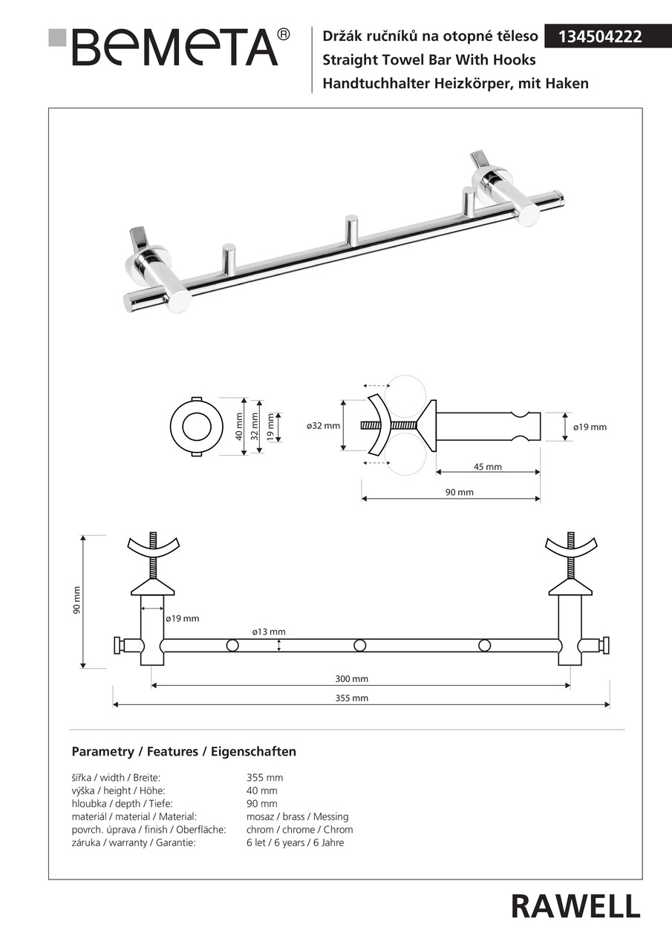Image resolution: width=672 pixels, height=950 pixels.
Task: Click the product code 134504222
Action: tap(599, 37)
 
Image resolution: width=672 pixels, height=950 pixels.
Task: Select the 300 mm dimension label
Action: tap(352, 679)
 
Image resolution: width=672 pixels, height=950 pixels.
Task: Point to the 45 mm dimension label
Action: tap(487, 467)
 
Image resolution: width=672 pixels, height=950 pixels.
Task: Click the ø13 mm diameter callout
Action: tap(269, 632)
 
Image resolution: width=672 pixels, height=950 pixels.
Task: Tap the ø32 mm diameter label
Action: tap(323, 426)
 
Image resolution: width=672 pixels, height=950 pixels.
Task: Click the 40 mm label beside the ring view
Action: tap(239, 427)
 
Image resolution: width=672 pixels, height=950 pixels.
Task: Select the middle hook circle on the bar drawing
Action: tap(359, 646)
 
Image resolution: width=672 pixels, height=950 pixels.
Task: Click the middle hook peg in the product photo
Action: tap(350, 229)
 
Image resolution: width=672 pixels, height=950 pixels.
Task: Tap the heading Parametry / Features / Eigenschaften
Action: tap(183, 752)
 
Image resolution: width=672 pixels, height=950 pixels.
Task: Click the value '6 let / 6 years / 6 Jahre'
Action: tap(296, 842)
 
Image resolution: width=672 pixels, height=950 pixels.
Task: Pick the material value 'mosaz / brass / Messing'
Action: tap(298, 817)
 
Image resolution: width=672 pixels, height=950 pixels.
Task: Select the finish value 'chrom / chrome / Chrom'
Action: tap(299, 830)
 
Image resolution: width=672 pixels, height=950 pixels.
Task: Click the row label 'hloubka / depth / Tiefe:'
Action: tap(123, 804)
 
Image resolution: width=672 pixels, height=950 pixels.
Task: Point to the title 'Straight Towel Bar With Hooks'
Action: tap(429, 60)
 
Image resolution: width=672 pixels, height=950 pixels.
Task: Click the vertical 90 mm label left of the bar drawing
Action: tap(76, 600)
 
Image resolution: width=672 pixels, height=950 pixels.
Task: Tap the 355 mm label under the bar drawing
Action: tap(352, 698)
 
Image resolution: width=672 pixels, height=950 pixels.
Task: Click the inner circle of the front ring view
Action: tap(197, 426)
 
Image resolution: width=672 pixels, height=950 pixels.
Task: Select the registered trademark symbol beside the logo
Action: tap(284, 34)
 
